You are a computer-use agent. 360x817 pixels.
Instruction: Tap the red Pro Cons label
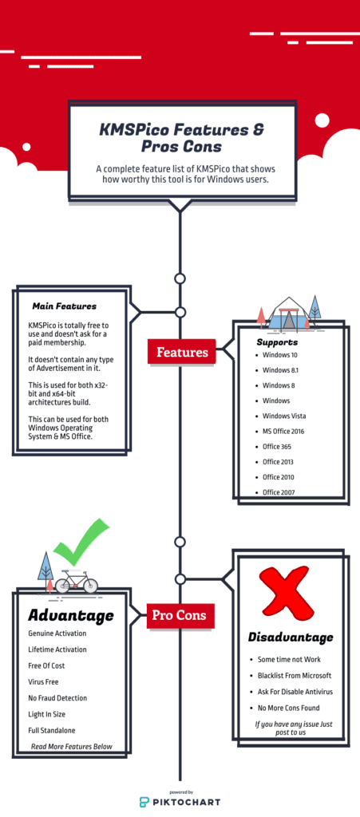(180, 615)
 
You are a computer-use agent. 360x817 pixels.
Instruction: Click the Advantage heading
(71, 615)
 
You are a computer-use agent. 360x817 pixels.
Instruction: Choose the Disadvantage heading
(291, 637)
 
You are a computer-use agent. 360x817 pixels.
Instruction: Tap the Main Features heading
(64, 306)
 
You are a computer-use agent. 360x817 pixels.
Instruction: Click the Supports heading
(277, 342)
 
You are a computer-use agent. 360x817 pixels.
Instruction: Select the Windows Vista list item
(284, 416)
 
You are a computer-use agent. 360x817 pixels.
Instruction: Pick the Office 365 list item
(277, 447)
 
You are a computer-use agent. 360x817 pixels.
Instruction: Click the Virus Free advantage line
(43, 681)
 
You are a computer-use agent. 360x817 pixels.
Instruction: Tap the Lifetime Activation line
(57, 649)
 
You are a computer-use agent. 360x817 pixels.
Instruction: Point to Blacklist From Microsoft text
(295, 675)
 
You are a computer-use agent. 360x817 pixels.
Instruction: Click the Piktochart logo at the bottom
(180, 801)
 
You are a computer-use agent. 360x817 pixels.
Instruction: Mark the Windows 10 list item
(279, 355)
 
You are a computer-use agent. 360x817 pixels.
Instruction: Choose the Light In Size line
(47, 714)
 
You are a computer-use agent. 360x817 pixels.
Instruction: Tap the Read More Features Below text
(71, 746)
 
